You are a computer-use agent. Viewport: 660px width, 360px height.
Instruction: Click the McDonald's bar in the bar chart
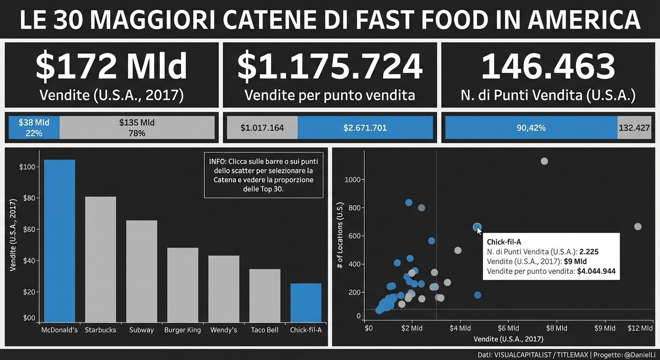coord(60,241)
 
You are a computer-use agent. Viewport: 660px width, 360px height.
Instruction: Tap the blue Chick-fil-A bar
coord(306,302)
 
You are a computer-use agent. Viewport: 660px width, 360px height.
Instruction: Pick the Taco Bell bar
coord(265,295)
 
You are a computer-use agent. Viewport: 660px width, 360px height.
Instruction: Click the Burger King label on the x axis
coord(182,330)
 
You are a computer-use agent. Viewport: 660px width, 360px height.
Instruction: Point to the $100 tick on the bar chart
coord(27,167)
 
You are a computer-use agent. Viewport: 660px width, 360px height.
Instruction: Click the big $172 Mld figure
coord(112,67)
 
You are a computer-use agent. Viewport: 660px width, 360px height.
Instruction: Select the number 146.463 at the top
coord(548,67)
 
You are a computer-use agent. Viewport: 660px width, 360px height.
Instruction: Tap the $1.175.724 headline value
coord(330,67)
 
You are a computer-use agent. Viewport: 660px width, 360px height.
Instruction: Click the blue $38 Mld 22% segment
coord(34,127)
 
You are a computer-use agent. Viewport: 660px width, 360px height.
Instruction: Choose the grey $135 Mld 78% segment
coord(137,127)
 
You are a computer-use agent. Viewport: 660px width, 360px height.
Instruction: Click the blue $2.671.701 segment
coord(365,127)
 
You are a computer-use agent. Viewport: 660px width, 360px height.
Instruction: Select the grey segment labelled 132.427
coord(634,127)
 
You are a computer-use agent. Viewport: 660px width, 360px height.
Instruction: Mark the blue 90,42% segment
coord(531,127)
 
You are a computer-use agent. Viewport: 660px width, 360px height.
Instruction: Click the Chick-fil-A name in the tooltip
coord(504,242)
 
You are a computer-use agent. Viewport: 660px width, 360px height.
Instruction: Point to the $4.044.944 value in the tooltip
coord(596,271)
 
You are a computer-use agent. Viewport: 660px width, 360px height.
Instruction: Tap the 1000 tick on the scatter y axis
coord(352,180)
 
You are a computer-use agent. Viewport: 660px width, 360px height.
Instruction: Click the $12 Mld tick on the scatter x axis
coord(640,328)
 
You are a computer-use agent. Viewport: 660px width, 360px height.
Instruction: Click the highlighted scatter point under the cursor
coord(477,227)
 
